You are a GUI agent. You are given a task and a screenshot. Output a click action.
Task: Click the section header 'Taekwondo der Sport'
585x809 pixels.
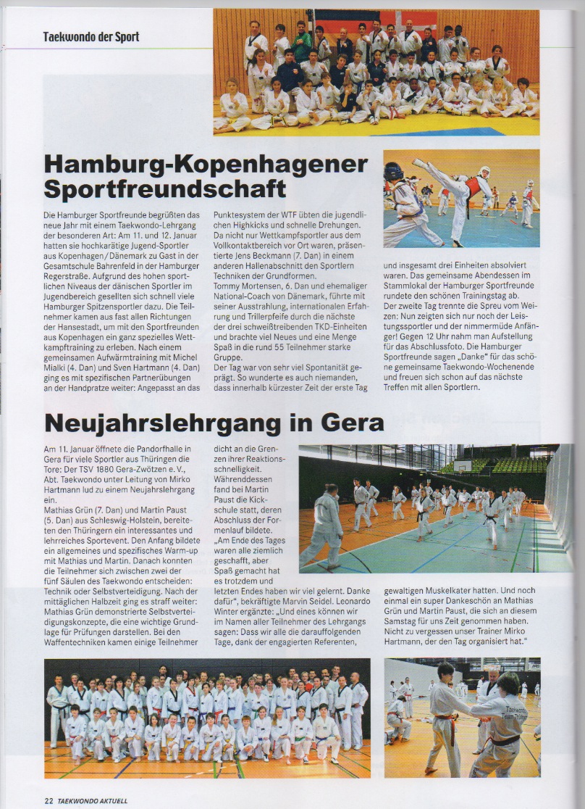(x=91, y=36)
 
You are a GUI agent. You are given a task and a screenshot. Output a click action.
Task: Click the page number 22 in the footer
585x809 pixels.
(x=49, y=801)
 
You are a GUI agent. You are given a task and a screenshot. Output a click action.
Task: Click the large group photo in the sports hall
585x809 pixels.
(x=376, y=72)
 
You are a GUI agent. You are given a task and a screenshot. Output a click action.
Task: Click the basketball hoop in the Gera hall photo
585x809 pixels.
(x=462, y=465)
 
